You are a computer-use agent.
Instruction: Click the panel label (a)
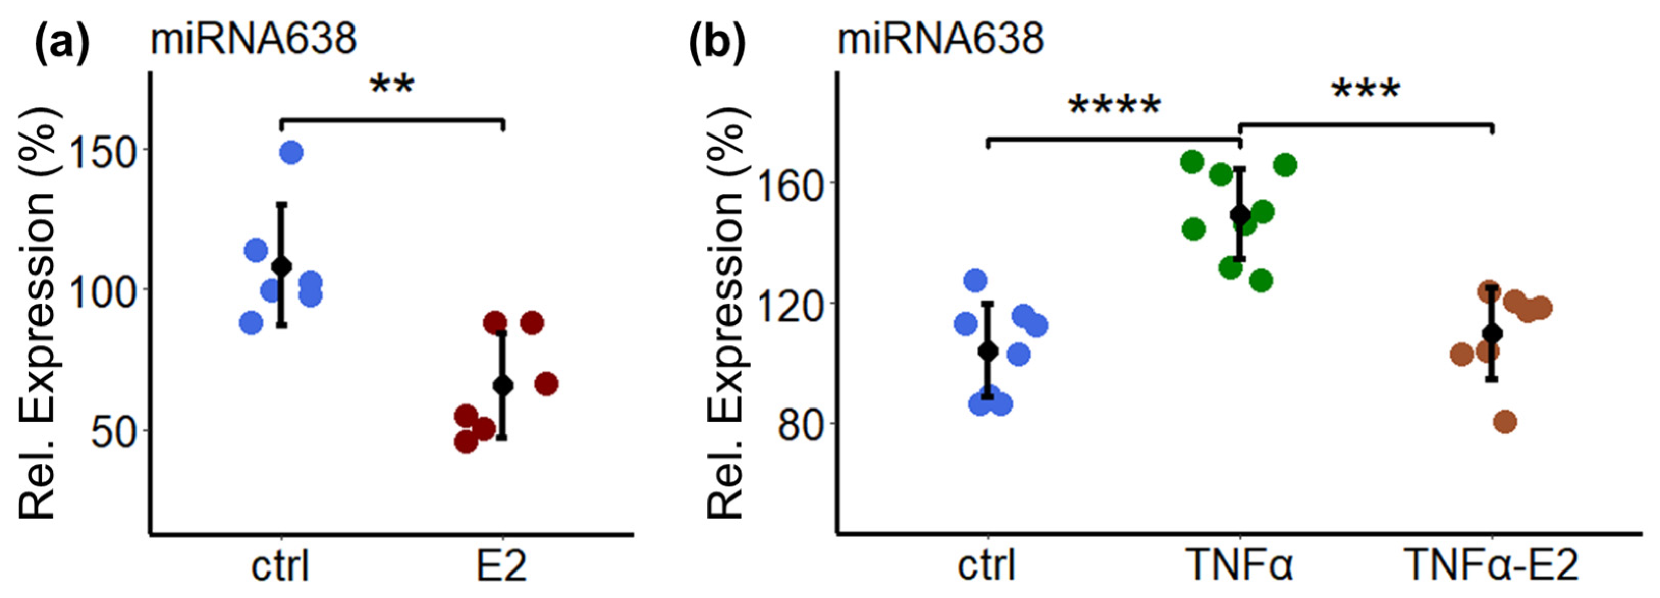tap(61, 40)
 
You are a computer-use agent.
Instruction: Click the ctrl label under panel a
tap(280, 566)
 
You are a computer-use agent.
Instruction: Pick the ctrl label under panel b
tap(987, 566)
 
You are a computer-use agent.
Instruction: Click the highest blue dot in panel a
tap(291, 153)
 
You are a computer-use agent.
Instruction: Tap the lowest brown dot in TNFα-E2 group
tap(1505, 422)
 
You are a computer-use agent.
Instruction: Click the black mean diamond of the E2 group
tap(503, 386)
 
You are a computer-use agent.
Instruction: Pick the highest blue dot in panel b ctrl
tap(975, 280)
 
